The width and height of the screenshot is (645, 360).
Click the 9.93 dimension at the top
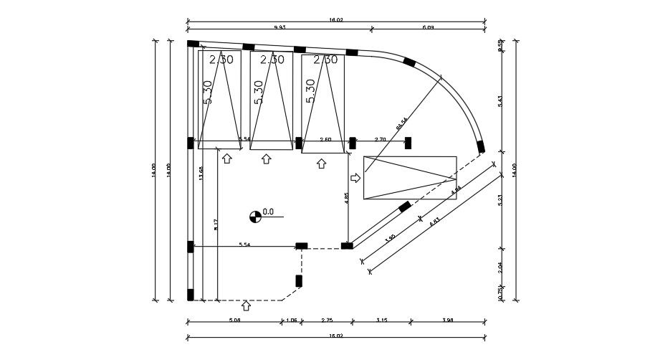coord(279,27)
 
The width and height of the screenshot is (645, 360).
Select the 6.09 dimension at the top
coord(429,27)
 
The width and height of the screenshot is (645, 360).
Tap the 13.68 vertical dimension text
coord(202,174)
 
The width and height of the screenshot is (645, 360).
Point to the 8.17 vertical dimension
coord(216,225)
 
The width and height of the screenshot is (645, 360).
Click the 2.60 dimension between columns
coord(325,139)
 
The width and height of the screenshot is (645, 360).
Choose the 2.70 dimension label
coord(381,139)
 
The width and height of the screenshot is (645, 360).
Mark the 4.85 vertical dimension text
coord(346,199)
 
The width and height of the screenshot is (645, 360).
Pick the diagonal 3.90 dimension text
coord(390,238)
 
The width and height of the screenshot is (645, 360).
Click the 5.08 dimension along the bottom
coord(234,320)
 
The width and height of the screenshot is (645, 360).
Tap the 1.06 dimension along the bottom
coord(292,320)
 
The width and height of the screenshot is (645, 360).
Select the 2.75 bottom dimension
coord(326,320)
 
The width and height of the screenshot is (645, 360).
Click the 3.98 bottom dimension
coord(448,320)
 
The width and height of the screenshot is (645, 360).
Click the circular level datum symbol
coord(255,214)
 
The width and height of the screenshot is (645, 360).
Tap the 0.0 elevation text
coord(269,212)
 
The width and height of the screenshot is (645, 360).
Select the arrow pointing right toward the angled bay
coord(355,177)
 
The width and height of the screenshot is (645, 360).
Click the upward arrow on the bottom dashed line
coord(247,306)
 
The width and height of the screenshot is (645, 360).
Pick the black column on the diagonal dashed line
coord(405,207)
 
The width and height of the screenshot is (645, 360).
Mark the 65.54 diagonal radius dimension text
coord(401,123)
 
